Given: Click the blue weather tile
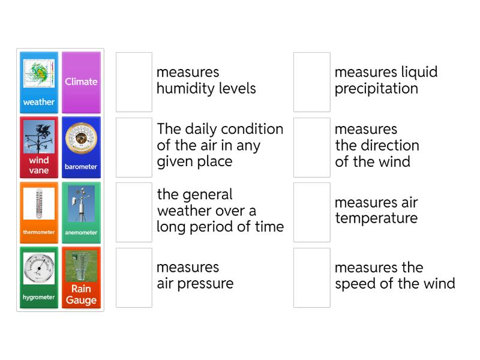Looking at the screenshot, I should point(39,82).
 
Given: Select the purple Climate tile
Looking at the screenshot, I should point(81,82).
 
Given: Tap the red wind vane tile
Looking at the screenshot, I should point(39,148).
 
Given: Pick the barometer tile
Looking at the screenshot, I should point(81,148).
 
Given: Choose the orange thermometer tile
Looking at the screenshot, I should point(39,212).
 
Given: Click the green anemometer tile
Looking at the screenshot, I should point(81,212).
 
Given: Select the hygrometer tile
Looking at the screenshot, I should point(39,277).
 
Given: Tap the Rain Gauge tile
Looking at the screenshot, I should point(81,277).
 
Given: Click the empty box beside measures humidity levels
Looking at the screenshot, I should point(134,82).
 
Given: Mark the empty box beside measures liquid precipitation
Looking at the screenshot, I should point(312,82).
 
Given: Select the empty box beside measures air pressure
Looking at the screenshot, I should point(134,277).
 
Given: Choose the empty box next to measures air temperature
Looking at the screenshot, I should point(312,212).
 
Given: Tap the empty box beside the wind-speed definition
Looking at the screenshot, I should point(312,277).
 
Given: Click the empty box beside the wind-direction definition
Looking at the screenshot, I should point(312,148).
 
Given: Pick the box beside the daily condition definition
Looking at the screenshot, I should point(134,148).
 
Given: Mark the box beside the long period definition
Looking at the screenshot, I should point(134,212).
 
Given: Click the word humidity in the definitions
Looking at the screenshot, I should point(184,89).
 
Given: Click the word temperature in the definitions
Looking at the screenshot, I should point(376,218).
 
